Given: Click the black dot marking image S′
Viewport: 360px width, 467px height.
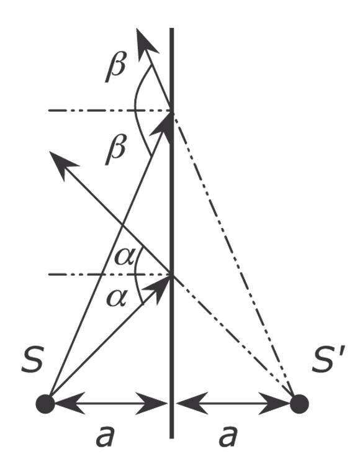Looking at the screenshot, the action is tap(300, 404).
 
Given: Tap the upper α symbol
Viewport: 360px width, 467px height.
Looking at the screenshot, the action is tap(124, 256).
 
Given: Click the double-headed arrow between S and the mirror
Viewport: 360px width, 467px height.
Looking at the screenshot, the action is tap(109, 404).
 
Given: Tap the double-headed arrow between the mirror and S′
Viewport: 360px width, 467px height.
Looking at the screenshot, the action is tap(235, 404).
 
